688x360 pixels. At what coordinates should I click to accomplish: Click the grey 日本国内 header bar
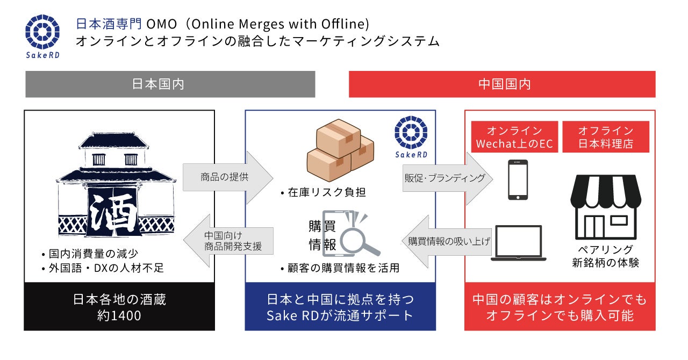pos(170,84)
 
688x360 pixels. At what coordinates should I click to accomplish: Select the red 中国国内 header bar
pos(502,84)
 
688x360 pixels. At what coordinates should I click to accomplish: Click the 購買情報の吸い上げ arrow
pos(447,241)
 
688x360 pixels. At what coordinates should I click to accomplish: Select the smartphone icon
pos(518,180)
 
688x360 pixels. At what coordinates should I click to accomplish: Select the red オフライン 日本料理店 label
pos(605,137)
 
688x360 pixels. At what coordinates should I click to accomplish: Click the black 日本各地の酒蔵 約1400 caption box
pos(119,306)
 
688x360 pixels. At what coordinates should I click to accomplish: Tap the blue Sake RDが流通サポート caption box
pos(340,306)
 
